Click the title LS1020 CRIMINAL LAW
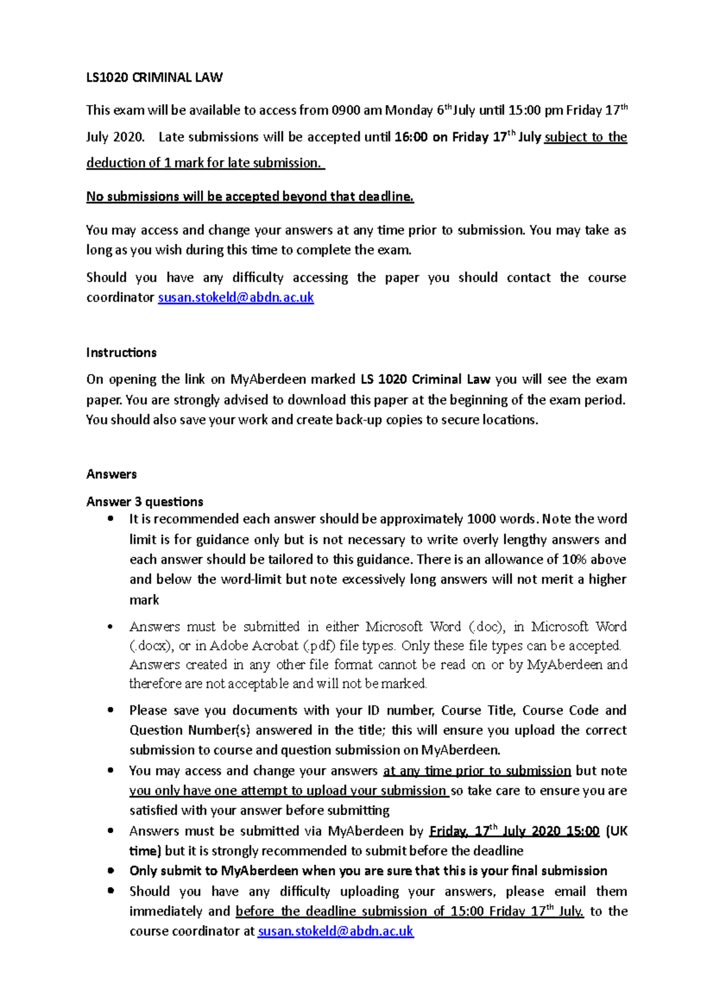(154, 77)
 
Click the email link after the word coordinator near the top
(235, 297)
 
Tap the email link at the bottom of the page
(335, 931)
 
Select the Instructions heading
(121, 353)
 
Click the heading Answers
(111, 474)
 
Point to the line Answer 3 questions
(144, 502)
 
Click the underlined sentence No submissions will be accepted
(250, 196)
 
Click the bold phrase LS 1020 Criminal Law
(425, 379)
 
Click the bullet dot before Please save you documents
(111, 710)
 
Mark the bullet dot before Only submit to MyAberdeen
(111, 870)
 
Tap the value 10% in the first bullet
(574, 559)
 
